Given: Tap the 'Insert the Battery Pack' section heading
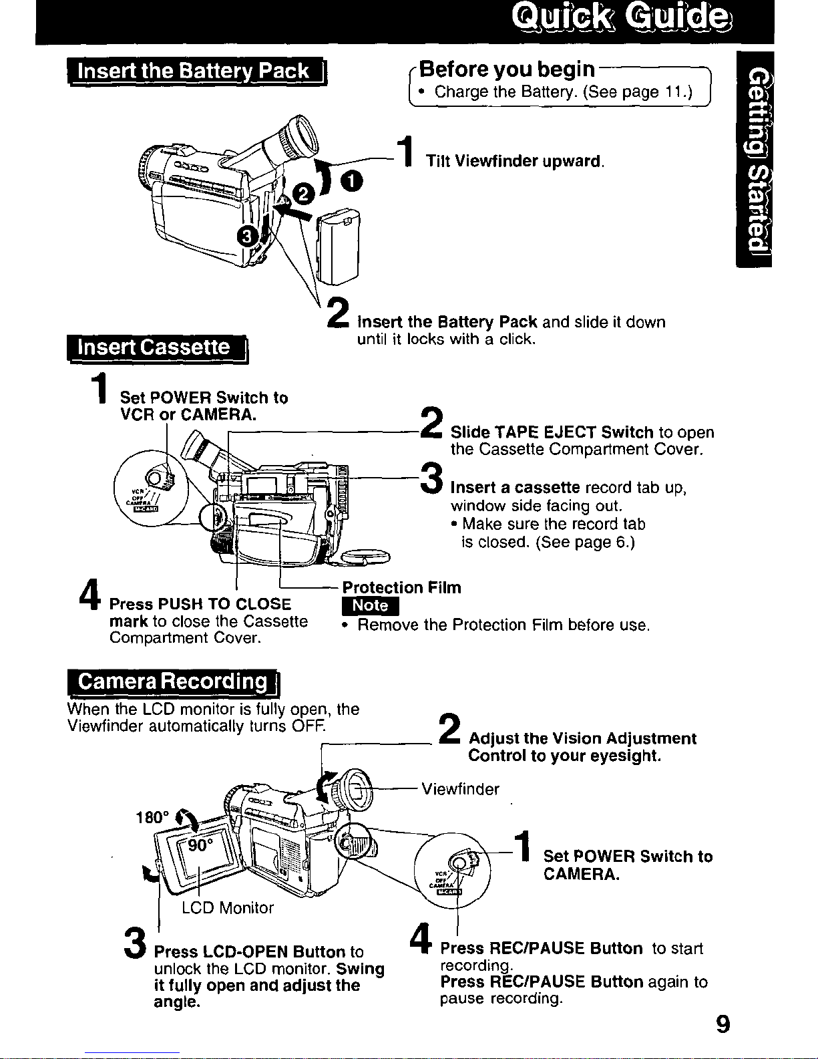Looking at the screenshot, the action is coord(197,71).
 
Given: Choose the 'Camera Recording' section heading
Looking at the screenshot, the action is coord(174,682).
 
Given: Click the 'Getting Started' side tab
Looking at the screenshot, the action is coord(754,160).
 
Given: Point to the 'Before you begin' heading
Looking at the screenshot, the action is coord(507,69).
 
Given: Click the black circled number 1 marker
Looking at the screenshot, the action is coord(351,182).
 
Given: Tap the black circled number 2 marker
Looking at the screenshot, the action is coord(303,194).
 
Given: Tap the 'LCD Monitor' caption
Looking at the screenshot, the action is coord(228,908).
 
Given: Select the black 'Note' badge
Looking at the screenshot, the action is coord(370,606).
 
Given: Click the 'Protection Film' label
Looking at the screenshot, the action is coord(402,587).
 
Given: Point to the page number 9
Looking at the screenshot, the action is coord(723,1024).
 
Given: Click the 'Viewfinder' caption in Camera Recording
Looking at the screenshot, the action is coord(460,789).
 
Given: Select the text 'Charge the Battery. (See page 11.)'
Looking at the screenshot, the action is coord(564,92).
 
